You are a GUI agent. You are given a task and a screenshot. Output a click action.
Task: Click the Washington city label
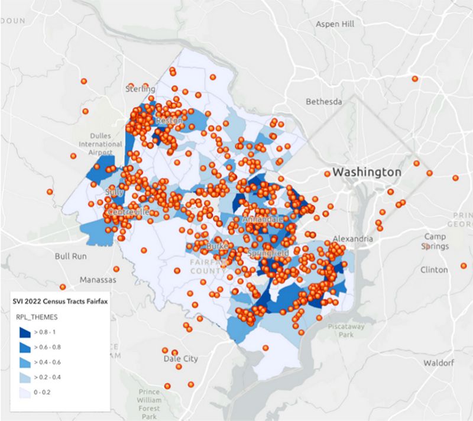[x=367, y=172]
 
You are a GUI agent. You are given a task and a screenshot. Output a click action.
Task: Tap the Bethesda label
[x=323, y=102]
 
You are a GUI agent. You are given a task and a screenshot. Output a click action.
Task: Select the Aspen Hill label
[x=335, y=24]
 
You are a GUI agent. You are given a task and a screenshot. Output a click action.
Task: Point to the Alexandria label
[x=352, y=239]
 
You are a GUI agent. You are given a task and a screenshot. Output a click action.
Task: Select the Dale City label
[x=181, y=358]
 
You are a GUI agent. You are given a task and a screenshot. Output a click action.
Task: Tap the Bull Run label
[x=70, y=257]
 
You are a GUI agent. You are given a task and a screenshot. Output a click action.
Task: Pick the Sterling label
[x=141, y=89]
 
